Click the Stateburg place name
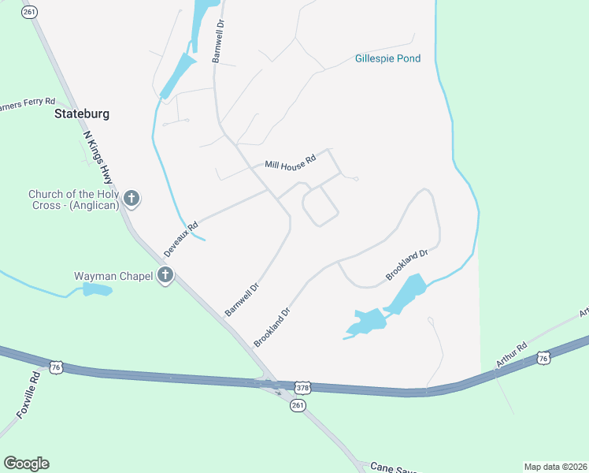82,114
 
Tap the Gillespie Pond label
387,58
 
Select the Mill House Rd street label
290,162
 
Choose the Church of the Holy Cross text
73,199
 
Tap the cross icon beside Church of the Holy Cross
132,199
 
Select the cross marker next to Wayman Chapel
165,276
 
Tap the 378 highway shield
304,388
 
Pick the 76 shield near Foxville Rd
55,367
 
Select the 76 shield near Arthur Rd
543,359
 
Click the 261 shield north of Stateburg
29,12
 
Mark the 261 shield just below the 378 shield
297,404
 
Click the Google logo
26,464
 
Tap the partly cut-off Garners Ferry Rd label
28,103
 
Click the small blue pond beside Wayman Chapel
97,290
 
